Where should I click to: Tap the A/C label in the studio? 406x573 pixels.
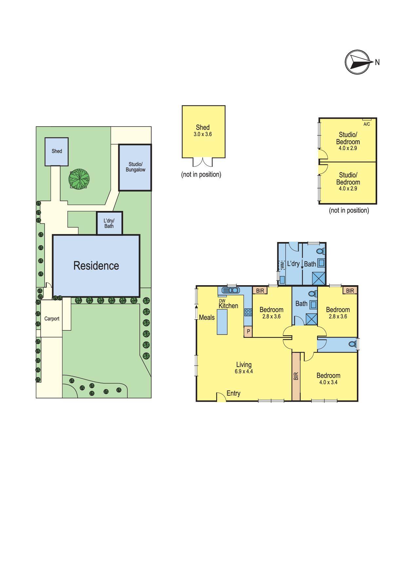367,124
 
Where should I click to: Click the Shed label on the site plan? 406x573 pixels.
57,151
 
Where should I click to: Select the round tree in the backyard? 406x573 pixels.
79,179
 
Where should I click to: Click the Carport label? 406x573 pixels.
52,319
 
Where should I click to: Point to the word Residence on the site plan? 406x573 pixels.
96,266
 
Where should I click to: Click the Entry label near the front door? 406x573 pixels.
233,393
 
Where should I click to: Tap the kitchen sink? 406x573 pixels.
231,290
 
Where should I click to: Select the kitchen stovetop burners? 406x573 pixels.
248,312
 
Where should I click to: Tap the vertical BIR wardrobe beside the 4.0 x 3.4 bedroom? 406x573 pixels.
296,376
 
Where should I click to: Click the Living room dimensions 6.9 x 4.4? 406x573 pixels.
244,371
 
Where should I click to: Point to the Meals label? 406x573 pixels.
207,317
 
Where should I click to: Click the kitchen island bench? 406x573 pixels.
222,321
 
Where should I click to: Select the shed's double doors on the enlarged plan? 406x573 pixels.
203,163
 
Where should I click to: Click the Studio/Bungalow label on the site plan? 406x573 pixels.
135,167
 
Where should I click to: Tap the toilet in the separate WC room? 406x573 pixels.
352,344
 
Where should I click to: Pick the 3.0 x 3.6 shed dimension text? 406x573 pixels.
203,134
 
